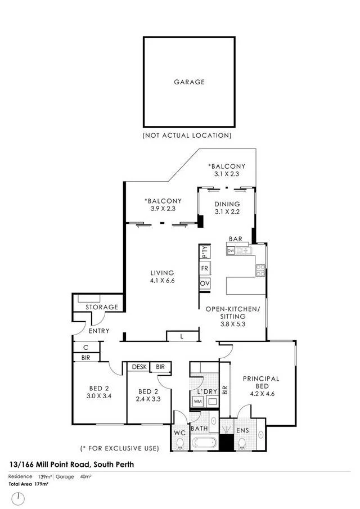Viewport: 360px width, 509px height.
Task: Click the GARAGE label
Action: [x=189, y=82]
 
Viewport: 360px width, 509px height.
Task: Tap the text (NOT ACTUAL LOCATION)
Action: [x=187, y=136]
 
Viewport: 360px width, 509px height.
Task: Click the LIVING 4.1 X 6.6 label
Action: [x=163, y=277]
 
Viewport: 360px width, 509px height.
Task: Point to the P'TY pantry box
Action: [x=205, y=252]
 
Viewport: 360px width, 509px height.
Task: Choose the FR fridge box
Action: [x=205, y=268]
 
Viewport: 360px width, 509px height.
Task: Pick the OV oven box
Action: [x=205, y=283]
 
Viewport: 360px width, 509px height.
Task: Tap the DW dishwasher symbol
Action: [x=231, y=251]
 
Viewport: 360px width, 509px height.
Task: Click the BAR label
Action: [x=236, y=239]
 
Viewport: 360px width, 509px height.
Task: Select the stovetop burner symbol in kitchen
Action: [x=260, y=271]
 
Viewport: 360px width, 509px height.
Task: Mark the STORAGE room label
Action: [x=102, y=307]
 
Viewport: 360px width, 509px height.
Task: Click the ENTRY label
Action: [x=99, y=331]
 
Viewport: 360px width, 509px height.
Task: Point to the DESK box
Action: [x=139, y=367]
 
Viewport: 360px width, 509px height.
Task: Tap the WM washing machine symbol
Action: [x=197, y=402]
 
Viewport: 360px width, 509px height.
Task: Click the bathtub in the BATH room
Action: [x=204, y=443]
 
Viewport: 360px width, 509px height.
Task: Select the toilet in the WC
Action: [x=179, y=444]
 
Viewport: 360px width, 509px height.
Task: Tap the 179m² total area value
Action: [x=42, y=484]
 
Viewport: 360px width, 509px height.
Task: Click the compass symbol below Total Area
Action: [x=19, y=498]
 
